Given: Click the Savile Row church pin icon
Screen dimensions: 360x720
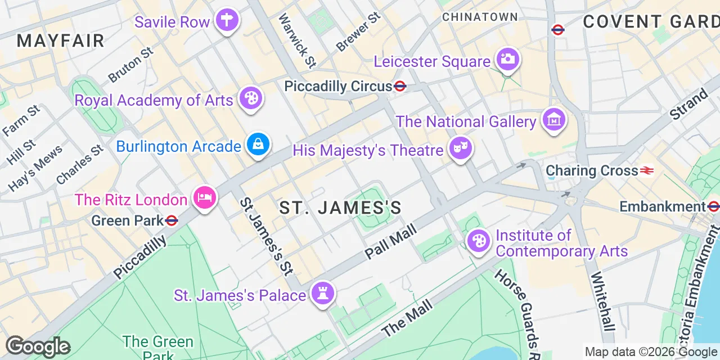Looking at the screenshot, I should [227, 20].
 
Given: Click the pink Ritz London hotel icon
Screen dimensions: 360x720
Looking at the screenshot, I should [204, 197].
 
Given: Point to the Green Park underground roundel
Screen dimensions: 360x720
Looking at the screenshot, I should [172, 220].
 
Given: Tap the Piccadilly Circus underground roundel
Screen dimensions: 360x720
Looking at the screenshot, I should [400, 86].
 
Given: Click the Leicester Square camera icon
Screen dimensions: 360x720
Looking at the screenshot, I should [507, 59].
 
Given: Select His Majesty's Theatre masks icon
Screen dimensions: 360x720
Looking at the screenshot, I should [461, 148].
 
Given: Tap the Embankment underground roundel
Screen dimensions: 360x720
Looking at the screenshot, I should [714, 206].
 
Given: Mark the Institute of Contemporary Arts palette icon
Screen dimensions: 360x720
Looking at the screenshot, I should [479, 241].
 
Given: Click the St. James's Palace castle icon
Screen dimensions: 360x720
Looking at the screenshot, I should [323, 293].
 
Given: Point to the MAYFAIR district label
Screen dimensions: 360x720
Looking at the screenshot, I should [60, 40].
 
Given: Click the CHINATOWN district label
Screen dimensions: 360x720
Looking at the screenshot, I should [480, 17].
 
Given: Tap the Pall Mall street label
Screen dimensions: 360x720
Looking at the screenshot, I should [391, 242].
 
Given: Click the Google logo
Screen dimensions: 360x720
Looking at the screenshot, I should [38, 346].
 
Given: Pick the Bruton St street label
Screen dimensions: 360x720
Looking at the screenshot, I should [131, 64].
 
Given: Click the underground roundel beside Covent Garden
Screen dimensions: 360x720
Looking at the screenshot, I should [558, 29].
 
